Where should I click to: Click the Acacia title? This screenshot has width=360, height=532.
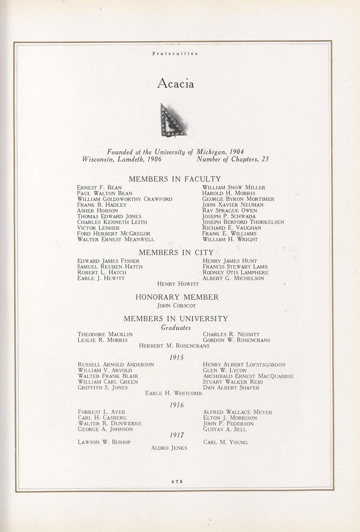175,84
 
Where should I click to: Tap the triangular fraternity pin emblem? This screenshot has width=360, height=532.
172,120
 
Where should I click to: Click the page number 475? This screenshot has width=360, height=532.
176,481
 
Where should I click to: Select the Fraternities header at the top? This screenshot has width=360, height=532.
175,54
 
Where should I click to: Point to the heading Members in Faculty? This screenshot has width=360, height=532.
175,179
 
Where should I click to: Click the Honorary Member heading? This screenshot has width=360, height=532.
177,297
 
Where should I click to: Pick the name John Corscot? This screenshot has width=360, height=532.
177,306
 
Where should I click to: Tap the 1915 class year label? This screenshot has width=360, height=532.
177,357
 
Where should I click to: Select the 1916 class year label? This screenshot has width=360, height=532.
177,405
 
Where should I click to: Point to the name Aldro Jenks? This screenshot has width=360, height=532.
169,448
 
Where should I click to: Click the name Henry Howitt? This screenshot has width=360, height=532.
178,284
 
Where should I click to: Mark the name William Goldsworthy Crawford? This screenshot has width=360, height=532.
124,199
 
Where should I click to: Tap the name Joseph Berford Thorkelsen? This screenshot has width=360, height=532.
243,222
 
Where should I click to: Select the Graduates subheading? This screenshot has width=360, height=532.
176,328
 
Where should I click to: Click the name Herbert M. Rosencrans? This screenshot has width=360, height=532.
174,346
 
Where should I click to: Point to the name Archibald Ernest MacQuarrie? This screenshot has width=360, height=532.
248,376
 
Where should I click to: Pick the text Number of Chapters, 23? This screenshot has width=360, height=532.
232,159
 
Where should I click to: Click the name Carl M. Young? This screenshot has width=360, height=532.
225,442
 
